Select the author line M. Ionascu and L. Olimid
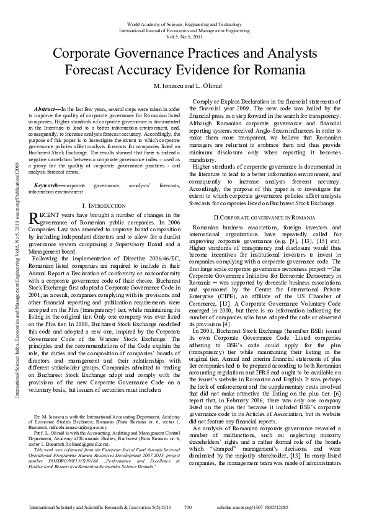[x=184, y=84]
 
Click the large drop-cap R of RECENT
[x=35, y=218]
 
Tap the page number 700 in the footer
[x=188, y=507]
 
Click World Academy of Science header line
[x=184, y=23]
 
